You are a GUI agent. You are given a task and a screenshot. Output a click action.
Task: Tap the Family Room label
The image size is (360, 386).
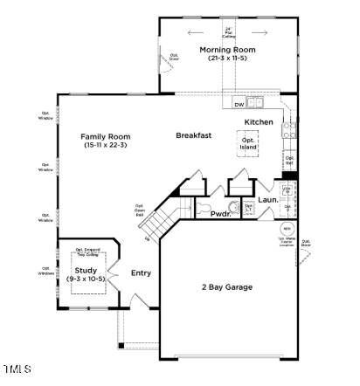click(106, 136)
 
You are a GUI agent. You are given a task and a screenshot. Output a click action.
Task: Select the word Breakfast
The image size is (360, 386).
click(194, 135)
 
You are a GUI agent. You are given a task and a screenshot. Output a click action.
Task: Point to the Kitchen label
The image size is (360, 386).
click(259, 121)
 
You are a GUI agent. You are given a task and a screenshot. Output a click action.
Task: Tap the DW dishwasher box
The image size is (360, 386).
click(239, 105)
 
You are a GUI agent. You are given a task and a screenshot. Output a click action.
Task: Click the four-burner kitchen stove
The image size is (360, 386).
click(289, 131)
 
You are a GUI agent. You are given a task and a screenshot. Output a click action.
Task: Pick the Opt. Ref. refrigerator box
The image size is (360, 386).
click(289, 161)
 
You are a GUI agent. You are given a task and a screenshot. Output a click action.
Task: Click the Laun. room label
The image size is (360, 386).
click(267, 200)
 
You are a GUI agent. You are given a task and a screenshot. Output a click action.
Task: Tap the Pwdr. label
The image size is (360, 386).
click(220, 213)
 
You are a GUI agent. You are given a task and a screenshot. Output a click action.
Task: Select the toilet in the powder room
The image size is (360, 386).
click(204, 210)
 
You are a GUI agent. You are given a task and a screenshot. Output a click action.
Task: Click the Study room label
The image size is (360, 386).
click(85, 271)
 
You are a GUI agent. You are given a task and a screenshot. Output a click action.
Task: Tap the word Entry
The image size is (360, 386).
click(141, 273)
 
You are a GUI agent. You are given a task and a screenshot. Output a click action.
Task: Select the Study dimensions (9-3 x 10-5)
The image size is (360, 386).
click(85, 279)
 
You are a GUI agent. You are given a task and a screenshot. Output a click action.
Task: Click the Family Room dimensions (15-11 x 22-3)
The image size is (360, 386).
click(106, 145)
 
